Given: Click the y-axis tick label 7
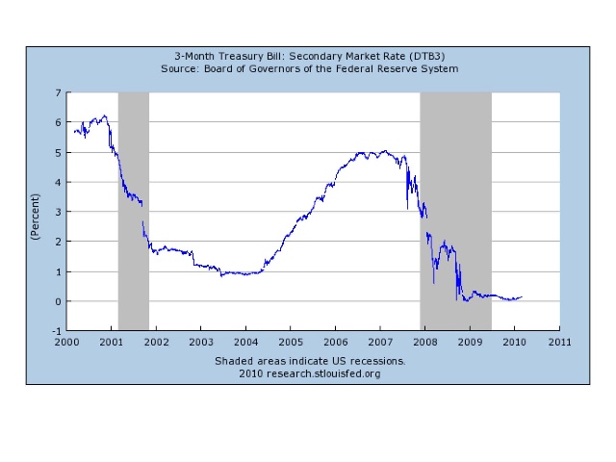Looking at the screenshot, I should click(x=57, y=92).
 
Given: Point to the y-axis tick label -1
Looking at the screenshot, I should click(x=55, y=331).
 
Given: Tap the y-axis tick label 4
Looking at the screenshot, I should click(x=57, y=182).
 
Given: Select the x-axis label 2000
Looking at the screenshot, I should click(x=66, y=342).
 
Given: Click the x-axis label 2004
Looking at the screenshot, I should click(x=245, y=342).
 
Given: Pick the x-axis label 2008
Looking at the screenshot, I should click(x=424, y=342).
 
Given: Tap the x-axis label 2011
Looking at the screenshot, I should click(x=558, y=342).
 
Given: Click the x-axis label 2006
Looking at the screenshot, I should click(x=335, y=342).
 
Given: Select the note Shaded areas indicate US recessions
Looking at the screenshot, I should click(x=311, y=361).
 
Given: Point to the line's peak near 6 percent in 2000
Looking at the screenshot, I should click(x=104, y=115).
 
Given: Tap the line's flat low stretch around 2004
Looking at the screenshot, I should click(x=241, y=274).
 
